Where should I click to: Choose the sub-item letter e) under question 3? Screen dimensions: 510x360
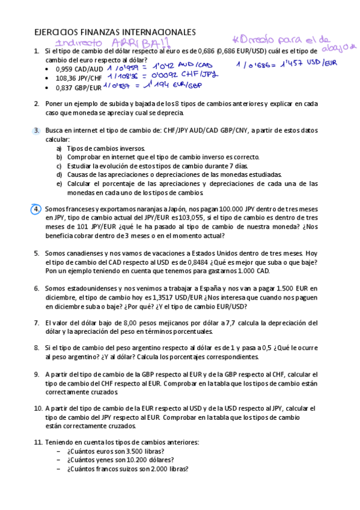pyautogui.click(x=59, y=184)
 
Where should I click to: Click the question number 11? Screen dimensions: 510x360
pyautogui.click(x=37, y=443)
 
